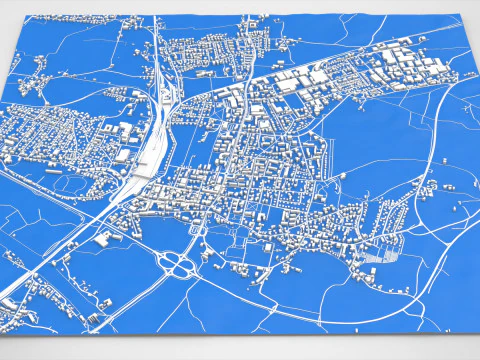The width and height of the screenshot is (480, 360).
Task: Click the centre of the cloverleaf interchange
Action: [179, 265]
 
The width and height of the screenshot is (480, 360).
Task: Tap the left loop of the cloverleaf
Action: [167, 265]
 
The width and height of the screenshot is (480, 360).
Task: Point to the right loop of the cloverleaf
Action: [190, 266]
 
